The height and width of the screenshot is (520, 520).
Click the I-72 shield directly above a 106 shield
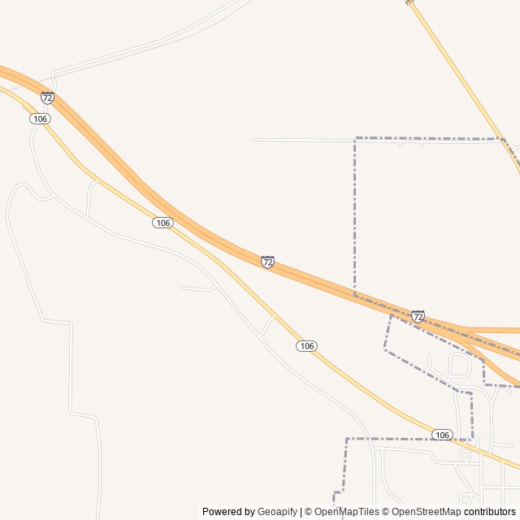47,97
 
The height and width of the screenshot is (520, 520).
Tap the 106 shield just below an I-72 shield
41,119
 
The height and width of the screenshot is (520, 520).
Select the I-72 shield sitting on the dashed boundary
418,316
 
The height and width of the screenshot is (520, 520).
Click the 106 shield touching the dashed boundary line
442,435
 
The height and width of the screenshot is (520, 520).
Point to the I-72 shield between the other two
267,262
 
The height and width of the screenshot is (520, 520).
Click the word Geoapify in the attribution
278,512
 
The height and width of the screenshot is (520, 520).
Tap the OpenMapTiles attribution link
347,512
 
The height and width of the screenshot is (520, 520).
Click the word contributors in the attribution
490,512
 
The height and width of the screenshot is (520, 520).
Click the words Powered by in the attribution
228,512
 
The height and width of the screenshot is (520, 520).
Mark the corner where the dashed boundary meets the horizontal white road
355,140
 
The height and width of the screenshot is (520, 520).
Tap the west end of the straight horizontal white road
253,140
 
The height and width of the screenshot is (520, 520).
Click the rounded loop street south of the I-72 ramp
459,366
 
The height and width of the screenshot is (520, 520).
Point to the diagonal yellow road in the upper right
463,81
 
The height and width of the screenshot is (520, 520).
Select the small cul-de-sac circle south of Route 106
465,456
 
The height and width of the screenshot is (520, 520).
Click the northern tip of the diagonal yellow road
409,2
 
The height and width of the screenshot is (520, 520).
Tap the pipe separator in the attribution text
301,512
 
